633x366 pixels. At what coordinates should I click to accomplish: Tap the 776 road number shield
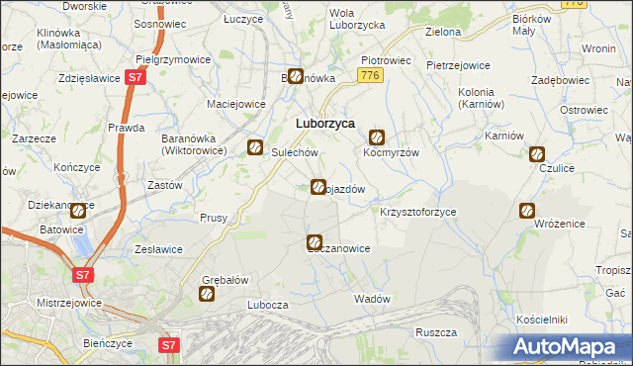point(370,76)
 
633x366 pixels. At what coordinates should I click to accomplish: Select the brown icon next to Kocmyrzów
point(377,138)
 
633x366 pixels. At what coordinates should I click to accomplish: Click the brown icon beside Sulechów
point(255,147)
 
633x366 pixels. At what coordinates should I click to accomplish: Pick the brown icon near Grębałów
point(207,294)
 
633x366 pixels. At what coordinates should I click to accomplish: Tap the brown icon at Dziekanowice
point(78,210)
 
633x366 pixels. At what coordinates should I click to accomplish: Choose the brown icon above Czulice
point(536,154)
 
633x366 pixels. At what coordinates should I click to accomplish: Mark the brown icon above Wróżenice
point(527,210)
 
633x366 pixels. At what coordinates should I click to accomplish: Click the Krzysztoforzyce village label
point(417,213)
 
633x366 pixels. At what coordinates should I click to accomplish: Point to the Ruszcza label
point(435,332)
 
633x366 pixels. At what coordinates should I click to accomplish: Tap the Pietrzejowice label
point(458,65)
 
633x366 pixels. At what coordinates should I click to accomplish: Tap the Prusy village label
point(214,218)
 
